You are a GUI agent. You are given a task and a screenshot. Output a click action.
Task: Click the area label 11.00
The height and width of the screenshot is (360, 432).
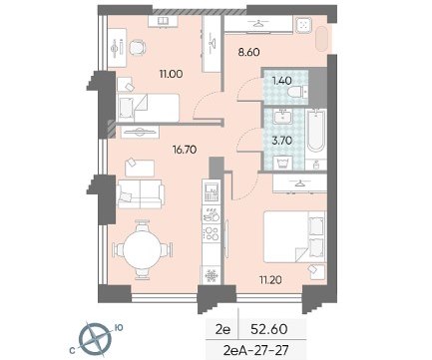coord(171,74)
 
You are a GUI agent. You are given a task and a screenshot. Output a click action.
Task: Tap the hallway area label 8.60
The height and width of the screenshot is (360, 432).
coord(248,52)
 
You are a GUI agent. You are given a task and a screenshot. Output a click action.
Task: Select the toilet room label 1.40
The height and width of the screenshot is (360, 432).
coord(282,81)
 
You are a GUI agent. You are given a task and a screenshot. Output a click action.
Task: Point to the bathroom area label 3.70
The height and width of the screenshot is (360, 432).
coord(282,141)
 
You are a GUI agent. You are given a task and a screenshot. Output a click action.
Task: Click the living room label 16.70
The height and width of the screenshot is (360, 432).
coord(185,150)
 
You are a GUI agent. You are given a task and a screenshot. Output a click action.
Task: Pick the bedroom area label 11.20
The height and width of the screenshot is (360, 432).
coord(270,280)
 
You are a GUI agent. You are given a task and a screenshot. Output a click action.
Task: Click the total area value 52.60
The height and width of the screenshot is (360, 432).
coord(269,329)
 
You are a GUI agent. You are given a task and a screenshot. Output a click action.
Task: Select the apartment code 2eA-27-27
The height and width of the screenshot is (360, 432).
coord(256,350)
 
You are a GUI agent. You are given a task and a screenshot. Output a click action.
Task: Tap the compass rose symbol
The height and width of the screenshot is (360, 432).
coord(96,338)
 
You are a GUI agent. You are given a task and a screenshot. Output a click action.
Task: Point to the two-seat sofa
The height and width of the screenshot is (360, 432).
coord(140,194)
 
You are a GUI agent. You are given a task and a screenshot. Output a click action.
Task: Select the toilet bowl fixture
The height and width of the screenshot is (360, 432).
coord(296,91)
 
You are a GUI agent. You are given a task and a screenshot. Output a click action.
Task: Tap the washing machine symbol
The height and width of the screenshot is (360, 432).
coord(282,163)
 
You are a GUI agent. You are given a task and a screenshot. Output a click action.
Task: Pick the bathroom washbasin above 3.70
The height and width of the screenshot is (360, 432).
coord(283,117)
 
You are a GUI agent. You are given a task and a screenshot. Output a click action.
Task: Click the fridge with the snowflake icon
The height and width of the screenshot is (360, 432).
coord(212,275)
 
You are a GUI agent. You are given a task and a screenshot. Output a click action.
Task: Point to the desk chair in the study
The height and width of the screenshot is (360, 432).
coord(138,47)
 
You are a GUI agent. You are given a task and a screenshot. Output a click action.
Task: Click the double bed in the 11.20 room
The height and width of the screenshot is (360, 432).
coord(294,236)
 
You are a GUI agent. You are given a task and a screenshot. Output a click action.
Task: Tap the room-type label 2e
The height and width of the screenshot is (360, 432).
coord(222,329)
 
